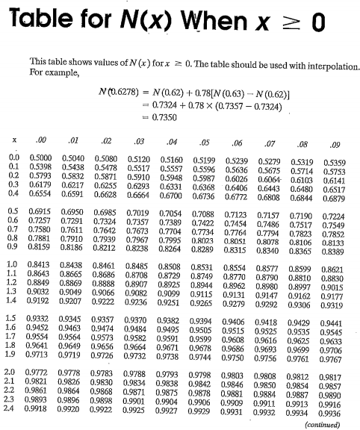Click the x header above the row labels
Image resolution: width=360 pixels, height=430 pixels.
tap(14, 140)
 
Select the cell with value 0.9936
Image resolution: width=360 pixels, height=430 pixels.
tap(329, 413)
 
